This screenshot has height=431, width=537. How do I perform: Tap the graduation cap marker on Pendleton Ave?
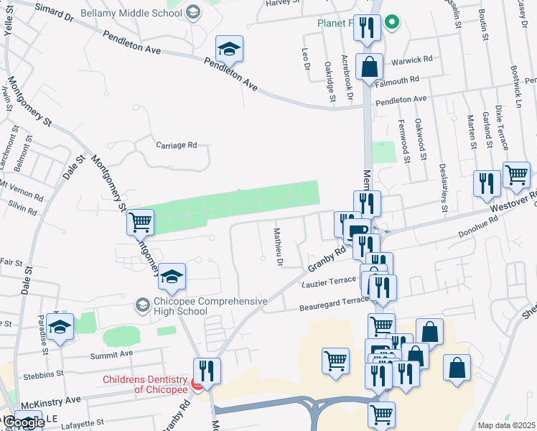click(230, 50)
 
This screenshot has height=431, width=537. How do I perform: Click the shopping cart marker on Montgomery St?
click(141, 223)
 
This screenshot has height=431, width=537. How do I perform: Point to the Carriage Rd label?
click(177, 145)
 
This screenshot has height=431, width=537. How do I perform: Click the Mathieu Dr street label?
click(278, 246)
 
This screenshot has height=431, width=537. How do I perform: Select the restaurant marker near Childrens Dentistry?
click(207, 372)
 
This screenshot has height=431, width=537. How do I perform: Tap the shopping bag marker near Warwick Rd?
click(369, 68)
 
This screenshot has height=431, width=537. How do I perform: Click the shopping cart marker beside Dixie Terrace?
click(517, 175)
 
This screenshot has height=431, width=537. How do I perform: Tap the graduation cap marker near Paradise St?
click(62, 328)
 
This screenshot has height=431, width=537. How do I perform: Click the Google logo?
click(23, 423)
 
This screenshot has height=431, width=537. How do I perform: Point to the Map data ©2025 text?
click(506, 425)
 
